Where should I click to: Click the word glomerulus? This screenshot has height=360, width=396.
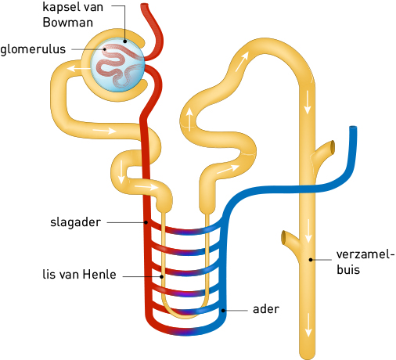pyautogui.click(x=33, y=49)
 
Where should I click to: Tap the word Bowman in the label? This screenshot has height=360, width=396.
pyautogui.click(x=68, y=23)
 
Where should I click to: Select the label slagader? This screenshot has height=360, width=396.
pyautogui.click(x=75, y=222)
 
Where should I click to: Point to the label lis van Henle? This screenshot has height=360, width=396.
pyautogui.click(x=79, y=275)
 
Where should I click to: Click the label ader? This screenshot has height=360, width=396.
pyautogui.click(x=266, y=309)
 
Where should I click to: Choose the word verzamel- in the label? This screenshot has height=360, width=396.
pyautogui.click(x=365, y=254)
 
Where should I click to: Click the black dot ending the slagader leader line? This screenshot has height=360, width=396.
pyautogui.click(x=146, y=222)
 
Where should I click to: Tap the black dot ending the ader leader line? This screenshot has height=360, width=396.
pyautogui.click(x=223, y=311)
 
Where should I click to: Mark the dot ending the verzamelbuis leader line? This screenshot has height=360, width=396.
pyautogui.click(x=311, y=260)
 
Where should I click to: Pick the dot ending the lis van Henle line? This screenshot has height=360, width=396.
pyautogui.click(x=162, y=276)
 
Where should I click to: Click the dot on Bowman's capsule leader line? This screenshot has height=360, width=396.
pyautogui.click(x=125, y=41)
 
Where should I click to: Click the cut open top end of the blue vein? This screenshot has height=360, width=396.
pyautogui.click(x=353, y=128)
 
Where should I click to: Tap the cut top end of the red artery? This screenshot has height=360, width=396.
pyautogui.click(x=144, y=5)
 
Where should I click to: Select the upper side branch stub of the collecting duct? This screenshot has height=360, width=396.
pyautogui.click(x=324, y=151)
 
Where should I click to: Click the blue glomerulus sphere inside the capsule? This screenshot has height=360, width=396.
pyautogui.click(x=117, y=65)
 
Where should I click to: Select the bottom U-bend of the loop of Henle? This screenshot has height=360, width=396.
pyautogui.click(x=185, y=311)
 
